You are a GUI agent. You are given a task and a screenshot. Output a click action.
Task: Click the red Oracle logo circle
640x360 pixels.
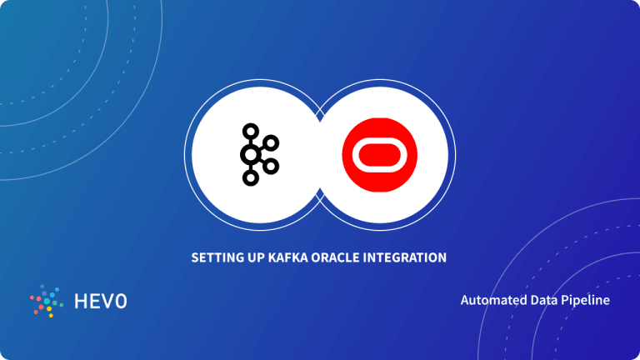(x=376, y=155)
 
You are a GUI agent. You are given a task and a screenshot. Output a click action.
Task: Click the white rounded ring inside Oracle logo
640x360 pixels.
(x=376, y=155)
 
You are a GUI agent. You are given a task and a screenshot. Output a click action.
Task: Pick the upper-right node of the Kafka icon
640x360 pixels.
(x=270, y=143)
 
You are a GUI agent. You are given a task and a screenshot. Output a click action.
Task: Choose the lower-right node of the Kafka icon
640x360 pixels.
(x=270, y=166)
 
